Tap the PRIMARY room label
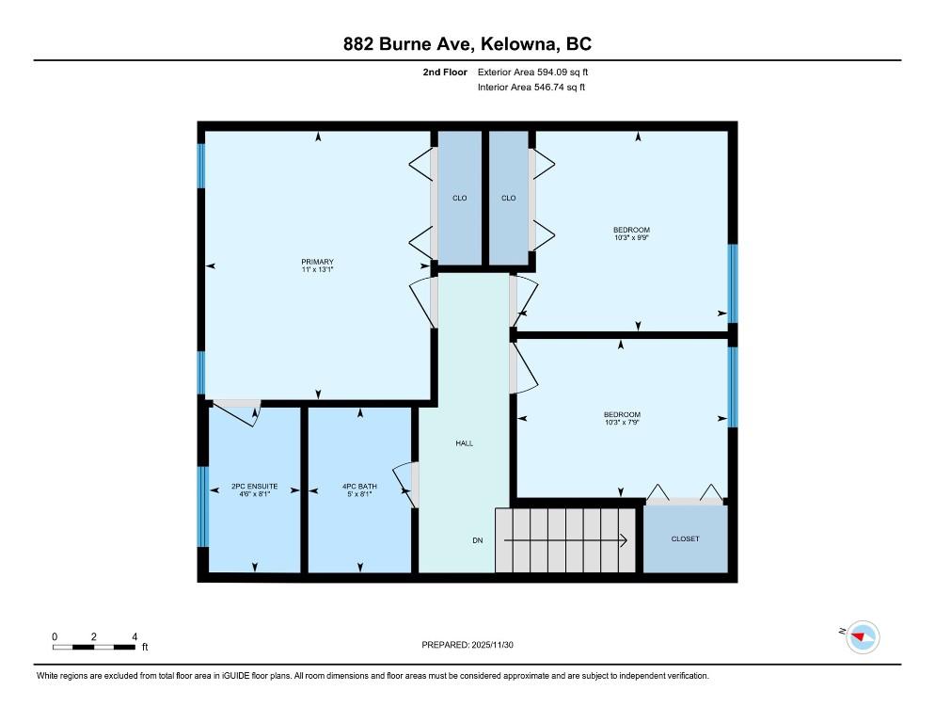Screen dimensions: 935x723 (317, 262)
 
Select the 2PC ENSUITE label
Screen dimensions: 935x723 (255, 486)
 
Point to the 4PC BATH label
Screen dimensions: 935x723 (359, 486)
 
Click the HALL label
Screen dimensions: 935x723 (465, 443)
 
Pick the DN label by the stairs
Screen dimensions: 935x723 (478, 540)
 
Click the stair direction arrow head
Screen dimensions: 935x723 (623, 540)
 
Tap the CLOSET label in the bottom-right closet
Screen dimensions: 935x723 (685, 538)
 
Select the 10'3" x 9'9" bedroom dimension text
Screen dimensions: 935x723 (631, 237)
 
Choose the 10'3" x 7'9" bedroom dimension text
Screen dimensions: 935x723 (622, 422)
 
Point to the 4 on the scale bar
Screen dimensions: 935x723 (135, 636)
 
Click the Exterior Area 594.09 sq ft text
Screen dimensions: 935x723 (532, 72)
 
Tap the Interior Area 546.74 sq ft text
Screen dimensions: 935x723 (531, 88)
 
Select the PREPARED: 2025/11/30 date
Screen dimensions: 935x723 (467, 645)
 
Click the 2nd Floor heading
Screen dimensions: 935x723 (445, 72)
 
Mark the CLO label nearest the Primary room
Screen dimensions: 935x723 (460, 198)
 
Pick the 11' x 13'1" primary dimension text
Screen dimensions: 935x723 (317, 269)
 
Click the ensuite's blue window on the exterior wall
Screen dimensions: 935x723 (203, 506)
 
